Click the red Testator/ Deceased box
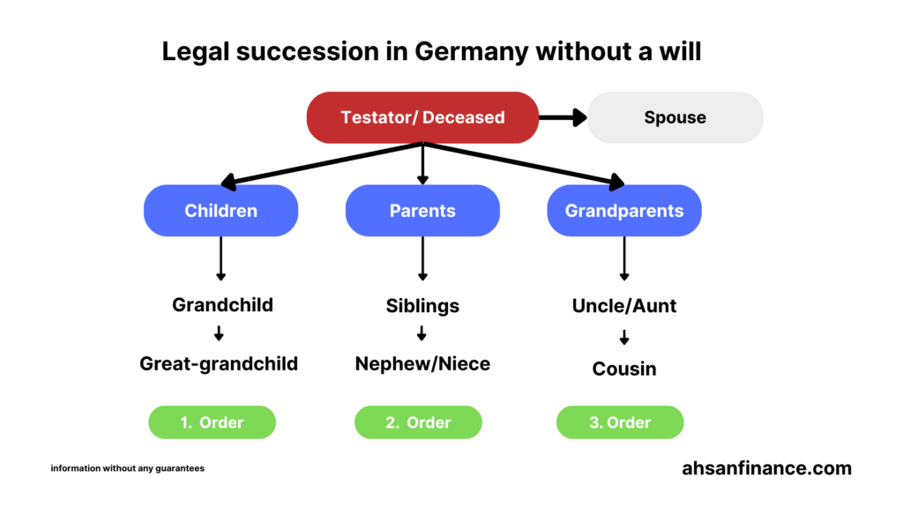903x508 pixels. point(422,117)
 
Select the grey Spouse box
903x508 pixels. point(675,117)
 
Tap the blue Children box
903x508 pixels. point(220,211)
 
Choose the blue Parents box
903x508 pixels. point(422,211)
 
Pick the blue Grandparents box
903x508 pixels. point(623,211)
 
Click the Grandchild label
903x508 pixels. point(222,305)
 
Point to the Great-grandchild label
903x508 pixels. point(219,363)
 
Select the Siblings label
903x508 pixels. point(422,305)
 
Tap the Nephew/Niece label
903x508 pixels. point(422,363)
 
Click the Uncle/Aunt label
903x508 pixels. point(623,305)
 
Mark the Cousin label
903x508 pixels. point(623,368)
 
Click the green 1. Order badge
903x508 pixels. point(213,422)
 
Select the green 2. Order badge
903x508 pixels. point(418,422)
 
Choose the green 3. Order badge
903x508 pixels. point(620,422)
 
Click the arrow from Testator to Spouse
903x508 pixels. point(563,117)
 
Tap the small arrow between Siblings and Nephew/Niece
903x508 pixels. point(422,334)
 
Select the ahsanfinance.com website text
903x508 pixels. point(766,468)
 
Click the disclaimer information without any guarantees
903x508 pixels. point(127,468)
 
